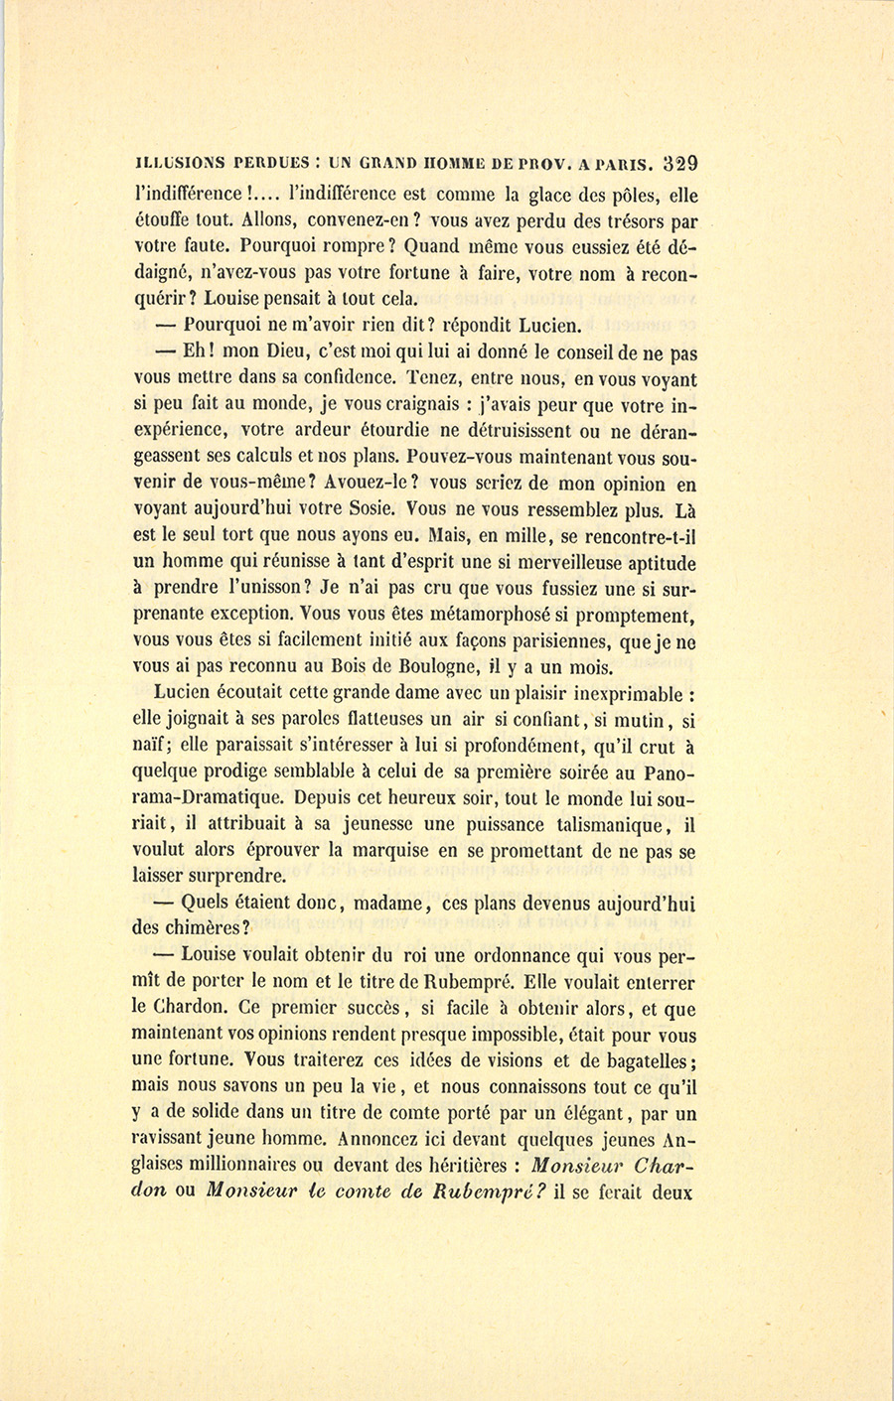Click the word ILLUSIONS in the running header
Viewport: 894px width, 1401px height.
pos(174,166)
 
